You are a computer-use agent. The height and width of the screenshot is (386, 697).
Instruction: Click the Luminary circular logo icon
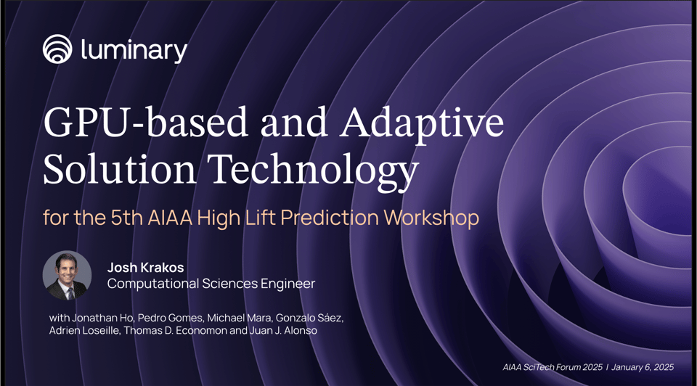pyautogui.click(x=59, y=50)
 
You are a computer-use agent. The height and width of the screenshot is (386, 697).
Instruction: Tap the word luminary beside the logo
pyautogui.click(x=134, y=50)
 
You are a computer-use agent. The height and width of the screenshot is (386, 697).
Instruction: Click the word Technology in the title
pyautogui.click(x=314, y=171)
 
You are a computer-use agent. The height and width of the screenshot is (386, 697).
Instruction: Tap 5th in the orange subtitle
pyautogui.click(x=119, y=217)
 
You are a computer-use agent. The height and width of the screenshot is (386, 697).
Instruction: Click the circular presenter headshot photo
pyautogui.click(x=68, y=276)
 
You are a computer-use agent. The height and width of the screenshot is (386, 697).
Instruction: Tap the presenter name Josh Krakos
pyautogui.click(x=145, y=267)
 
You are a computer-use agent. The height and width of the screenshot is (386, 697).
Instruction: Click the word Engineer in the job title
pyautogui.click(x=287, y=284)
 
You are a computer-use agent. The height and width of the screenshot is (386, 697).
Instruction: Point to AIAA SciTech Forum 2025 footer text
pyautogui.click(x=553, y=367)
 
